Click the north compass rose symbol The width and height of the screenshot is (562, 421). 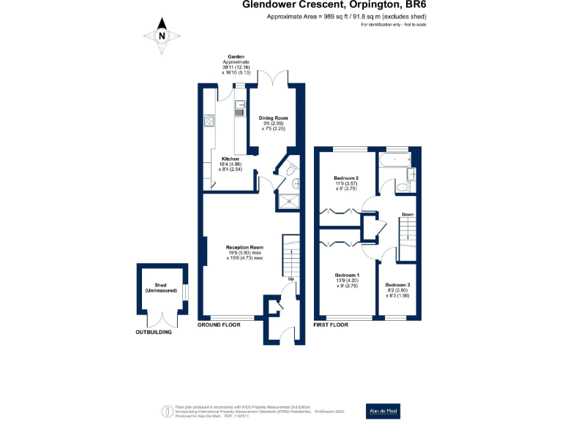pyautogui.click(x=162, y=34)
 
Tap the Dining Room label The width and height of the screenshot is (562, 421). pyautogui.click(x=273, y=124)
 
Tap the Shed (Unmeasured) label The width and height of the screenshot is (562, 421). pyautogui.click(x=160, y=288)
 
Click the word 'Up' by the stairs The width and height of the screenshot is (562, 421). pyautogui.click(x=291, y=279)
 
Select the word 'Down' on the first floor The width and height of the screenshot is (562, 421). pyautogui.click(x=407, y=214)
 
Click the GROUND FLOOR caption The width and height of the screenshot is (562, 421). pyautogui.click(x=220, y=324)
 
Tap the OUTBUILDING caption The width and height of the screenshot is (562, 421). pyautogui.click(x=154, y=333)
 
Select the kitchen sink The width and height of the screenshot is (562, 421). pyautogui.click(x=240, y=110)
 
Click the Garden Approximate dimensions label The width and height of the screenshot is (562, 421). pyautogui.click(x=236, y=64)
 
